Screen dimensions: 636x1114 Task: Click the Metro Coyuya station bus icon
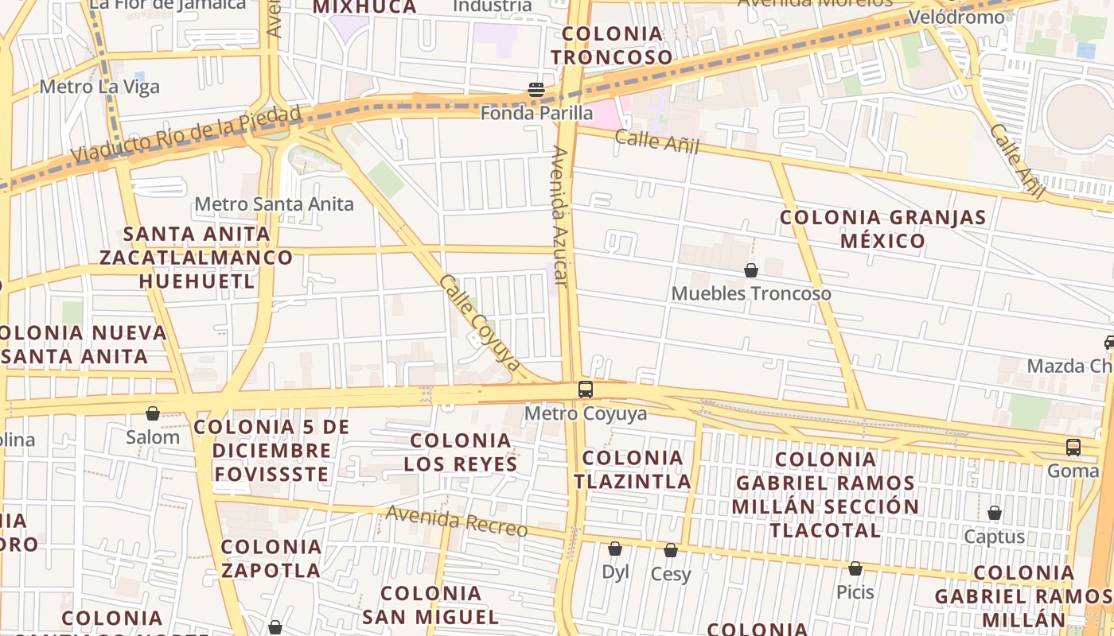pos(586,390)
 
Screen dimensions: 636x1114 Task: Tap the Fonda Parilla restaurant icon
pos(536,90)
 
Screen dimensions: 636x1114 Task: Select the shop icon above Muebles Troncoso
pos(750,271)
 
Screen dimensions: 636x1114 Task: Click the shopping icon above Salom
pos(152,413)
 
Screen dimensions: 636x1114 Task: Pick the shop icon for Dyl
pos(614,549)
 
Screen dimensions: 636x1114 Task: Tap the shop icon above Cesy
pos(671,550)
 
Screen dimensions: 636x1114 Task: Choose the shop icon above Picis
pos(855,568)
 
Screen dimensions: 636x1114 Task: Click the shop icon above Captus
pos(994,513)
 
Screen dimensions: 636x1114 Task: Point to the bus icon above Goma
pos(1073,448)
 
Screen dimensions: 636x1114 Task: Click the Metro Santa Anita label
pos(274,204)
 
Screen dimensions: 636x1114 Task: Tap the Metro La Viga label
pos(99,87)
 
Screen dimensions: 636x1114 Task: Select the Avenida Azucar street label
pos(559,216)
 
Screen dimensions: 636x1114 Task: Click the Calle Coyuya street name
pos(479,324)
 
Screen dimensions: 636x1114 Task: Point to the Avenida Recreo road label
pos(456,521)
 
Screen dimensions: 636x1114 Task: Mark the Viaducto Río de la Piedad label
pos(186,134)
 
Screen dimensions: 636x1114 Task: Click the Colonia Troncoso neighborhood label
pos(612,45)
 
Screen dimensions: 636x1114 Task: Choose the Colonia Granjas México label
pos(882,229)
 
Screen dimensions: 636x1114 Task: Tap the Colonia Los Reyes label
pos(460,452)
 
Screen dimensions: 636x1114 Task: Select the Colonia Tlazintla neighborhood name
pos(633,469)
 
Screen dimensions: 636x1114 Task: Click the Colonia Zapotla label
pos(271,558)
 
